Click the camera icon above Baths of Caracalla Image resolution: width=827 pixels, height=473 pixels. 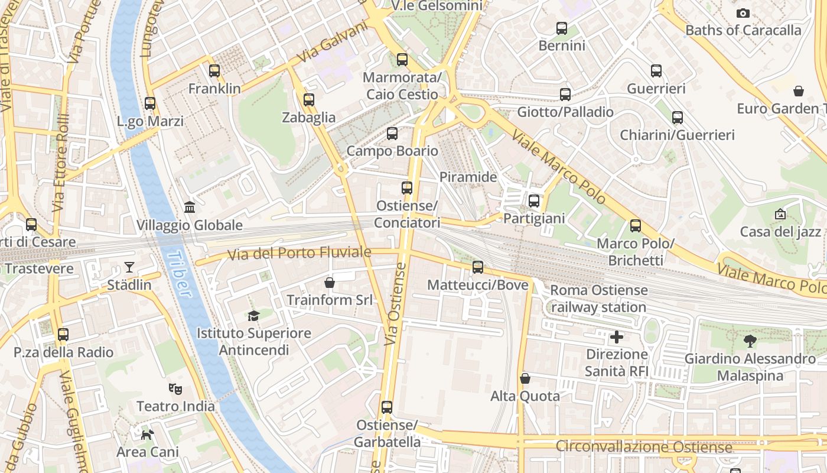743,13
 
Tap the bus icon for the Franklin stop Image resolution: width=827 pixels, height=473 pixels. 214,71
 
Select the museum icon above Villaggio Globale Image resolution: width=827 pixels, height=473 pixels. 190,208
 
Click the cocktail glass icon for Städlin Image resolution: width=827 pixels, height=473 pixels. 129,267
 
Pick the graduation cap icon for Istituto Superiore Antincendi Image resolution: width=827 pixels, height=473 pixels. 253,316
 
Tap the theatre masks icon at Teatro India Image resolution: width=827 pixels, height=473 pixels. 175,388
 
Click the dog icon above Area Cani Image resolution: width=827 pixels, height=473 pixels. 147,435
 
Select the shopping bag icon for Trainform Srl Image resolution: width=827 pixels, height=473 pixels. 330,283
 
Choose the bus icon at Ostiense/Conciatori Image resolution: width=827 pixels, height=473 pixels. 407,188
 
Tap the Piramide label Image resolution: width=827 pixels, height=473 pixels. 468,177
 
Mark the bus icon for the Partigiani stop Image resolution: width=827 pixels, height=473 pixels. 534,201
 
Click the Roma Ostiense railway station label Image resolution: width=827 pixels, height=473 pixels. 598,299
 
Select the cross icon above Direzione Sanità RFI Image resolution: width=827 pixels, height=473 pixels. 617,337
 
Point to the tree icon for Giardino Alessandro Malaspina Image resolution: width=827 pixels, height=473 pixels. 750,341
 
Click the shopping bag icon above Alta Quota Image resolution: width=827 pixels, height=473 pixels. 525,378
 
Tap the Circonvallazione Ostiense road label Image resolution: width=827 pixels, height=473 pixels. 644,447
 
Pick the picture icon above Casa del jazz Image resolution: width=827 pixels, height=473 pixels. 780,214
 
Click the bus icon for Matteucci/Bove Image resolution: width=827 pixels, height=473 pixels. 478,267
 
